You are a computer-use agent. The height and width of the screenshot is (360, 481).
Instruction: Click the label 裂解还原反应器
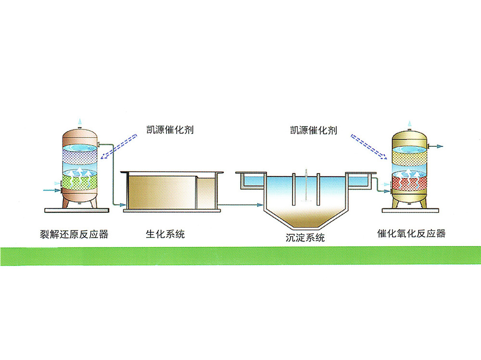click(x=74, y=234)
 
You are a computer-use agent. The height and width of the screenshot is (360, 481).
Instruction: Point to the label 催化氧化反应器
click(x=411, y=234)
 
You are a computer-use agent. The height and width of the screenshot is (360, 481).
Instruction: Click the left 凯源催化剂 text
click(x=170, y=130)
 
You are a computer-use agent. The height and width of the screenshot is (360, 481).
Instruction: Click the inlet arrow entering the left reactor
click(x=51, y=190)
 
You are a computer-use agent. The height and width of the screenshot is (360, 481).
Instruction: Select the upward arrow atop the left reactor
click(x=80, y=120)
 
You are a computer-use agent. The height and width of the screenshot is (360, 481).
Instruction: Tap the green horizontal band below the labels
click(x=240, y=255)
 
